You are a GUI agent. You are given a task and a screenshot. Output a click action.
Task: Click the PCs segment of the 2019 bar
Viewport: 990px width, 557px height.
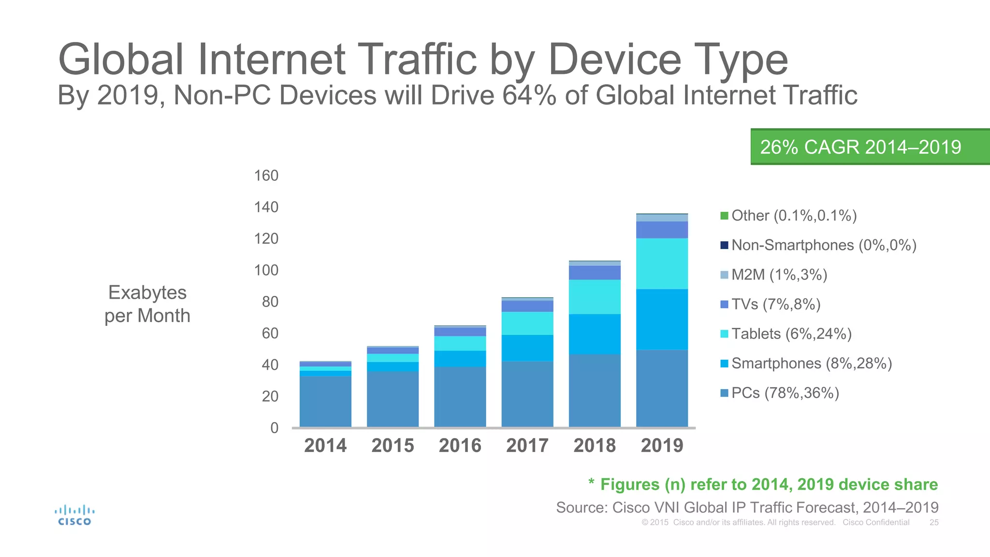pos(662,388)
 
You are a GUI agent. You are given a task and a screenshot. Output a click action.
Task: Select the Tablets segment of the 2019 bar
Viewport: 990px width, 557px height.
pos(662,264)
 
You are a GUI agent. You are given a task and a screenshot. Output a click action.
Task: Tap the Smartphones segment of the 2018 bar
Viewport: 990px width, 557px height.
pos(595,334)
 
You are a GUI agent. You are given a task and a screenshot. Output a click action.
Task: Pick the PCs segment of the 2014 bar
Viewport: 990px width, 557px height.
pos(325,401)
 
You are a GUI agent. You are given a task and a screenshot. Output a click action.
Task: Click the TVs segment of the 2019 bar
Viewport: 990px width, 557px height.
pos(662,230)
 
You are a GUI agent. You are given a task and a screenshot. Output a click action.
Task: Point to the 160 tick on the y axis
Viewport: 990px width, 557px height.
pos(266,176)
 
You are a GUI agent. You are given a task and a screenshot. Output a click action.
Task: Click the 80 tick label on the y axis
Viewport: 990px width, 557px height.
pos(270,302)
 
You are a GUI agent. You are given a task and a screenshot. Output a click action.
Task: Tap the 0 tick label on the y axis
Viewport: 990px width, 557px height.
pos(274,428)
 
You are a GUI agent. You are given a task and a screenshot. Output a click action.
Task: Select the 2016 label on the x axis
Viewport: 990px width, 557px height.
pos(460,445)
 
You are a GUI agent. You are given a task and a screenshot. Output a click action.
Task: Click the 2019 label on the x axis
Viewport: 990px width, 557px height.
pos(662,445)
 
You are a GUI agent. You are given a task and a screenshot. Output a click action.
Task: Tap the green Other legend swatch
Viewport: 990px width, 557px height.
pos(724,216)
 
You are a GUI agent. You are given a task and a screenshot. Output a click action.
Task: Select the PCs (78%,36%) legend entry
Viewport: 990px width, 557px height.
pos(785,393)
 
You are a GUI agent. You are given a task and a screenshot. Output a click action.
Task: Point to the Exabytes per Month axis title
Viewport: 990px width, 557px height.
pos(147,304)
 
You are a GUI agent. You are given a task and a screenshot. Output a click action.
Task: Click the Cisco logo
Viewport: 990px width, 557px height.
pos(74,515)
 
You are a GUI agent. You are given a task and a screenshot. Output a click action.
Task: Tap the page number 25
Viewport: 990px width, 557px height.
pos(934,522)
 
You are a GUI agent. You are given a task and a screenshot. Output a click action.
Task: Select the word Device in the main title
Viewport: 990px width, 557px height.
pos(614,59)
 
